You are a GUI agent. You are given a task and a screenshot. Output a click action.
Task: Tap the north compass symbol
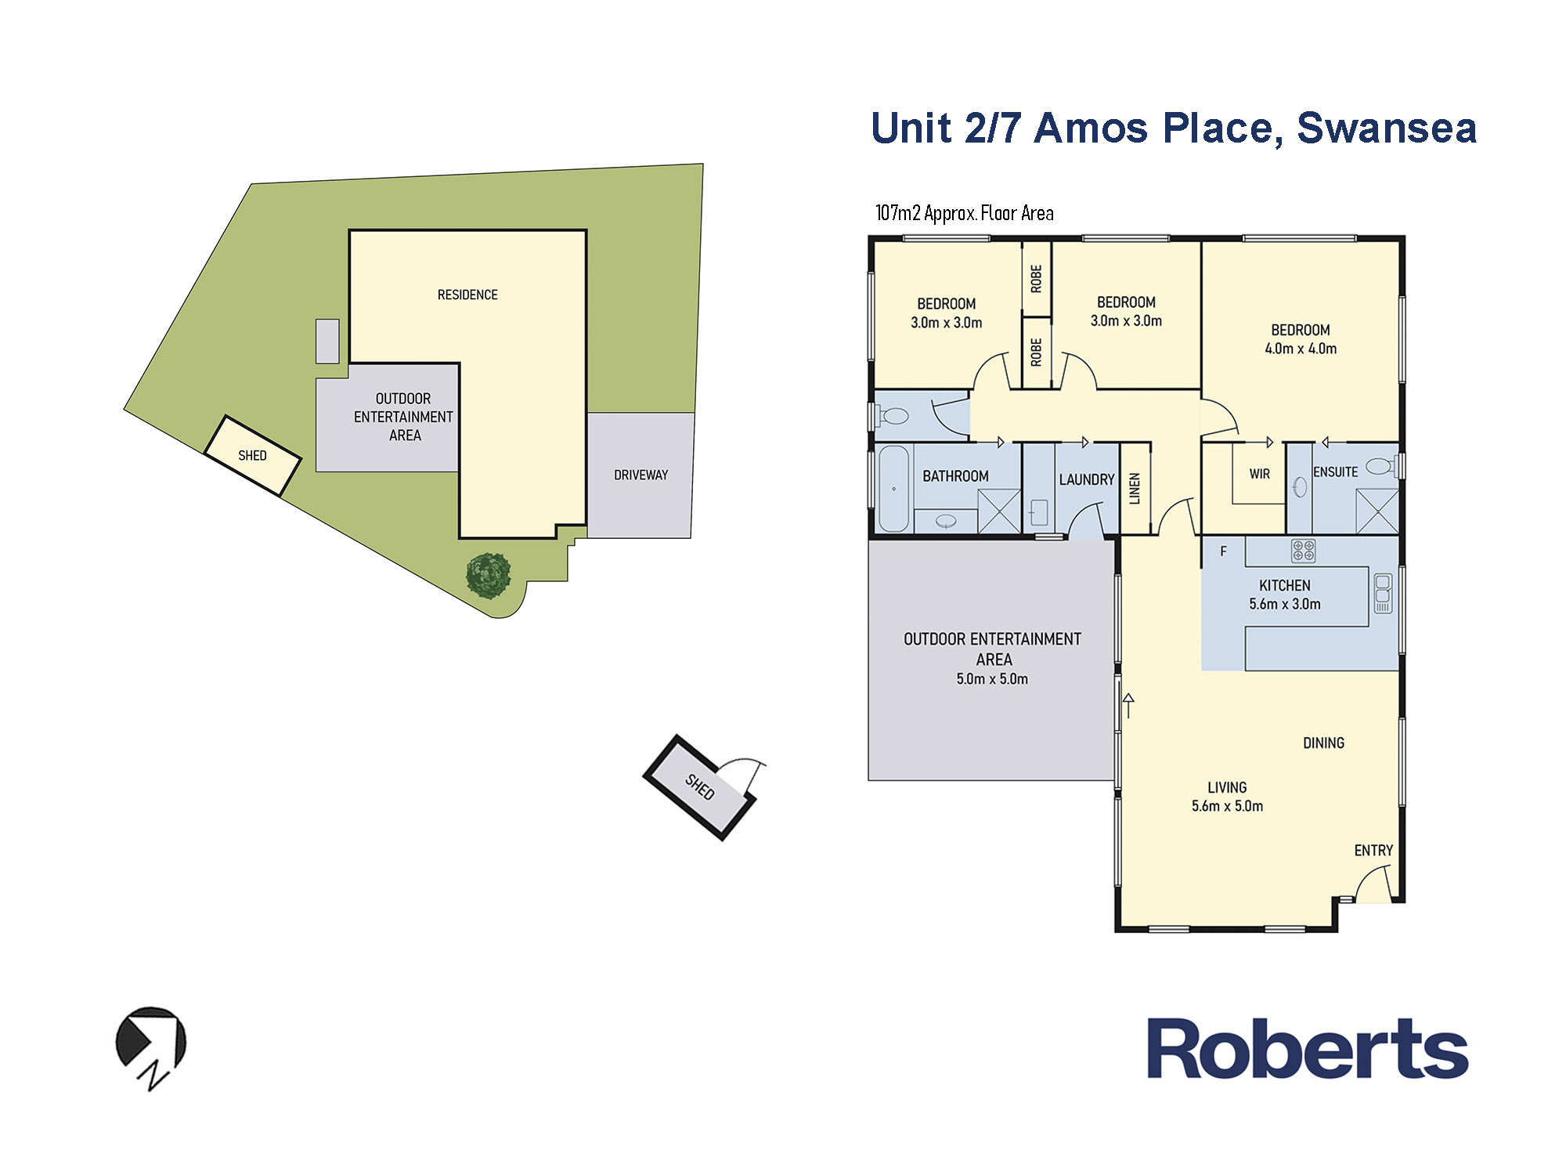tap(151, 1047)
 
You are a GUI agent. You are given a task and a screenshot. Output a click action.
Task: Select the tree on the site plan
tap(489, 576)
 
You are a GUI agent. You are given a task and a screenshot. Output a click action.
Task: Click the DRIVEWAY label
tap(640, 475)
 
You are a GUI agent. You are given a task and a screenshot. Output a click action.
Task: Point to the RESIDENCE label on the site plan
tap(467, 295)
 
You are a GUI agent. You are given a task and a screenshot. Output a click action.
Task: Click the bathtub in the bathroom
tap(893, 489)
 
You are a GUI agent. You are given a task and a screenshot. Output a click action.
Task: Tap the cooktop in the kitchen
tap(1303, 551)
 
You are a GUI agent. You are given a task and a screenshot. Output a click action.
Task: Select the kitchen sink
tap(1383, 593)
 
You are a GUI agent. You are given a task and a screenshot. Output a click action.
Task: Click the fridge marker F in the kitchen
tap(1223, 551)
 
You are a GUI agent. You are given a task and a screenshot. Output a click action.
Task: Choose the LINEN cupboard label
tap(1135, 488)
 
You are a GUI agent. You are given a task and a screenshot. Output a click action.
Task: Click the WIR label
tap(1259, 474)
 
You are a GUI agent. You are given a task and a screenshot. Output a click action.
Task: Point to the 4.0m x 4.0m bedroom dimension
tap(1301, 349)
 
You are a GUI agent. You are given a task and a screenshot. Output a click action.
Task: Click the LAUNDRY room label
tap(1087, 479)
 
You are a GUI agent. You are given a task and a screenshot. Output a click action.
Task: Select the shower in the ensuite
tap(1377, 511)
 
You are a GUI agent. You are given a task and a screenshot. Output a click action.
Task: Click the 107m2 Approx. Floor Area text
tap(965, 213)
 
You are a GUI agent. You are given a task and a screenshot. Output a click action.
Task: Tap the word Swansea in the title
tap(1387, 128)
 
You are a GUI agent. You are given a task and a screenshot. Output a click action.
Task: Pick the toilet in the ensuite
tap(1382, 467)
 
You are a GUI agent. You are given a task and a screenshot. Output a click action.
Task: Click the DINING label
tap(1323, 743)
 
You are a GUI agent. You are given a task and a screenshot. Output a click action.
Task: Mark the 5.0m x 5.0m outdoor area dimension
tap(992, 679)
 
